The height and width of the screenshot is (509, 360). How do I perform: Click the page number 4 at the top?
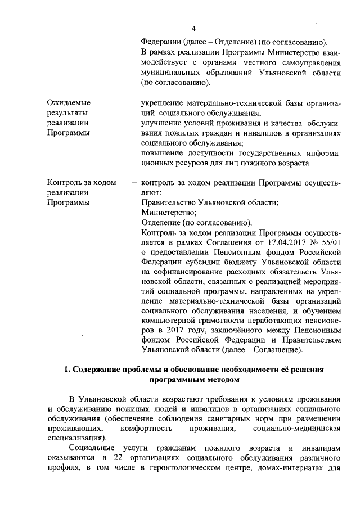(193, 29)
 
